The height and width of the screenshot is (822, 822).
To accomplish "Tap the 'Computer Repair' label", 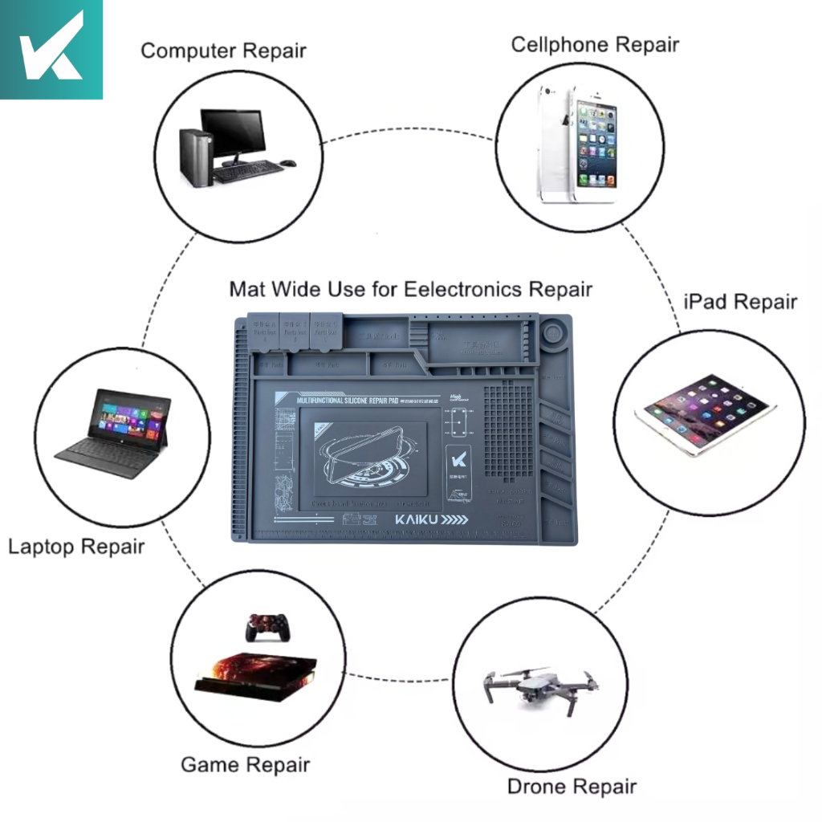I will coord(223,51).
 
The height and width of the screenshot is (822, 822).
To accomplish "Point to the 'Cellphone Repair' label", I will coord(595,44).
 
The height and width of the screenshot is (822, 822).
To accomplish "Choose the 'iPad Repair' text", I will coord(740,302).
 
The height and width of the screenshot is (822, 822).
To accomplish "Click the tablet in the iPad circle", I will coord(706,413).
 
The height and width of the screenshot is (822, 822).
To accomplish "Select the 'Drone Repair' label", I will coord(572,786).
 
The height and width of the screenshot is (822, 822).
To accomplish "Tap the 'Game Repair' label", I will coord(245,764).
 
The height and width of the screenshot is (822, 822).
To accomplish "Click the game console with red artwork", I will coord(256,676).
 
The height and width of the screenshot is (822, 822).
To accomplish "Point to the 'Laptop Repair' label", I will coord(76,547).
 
